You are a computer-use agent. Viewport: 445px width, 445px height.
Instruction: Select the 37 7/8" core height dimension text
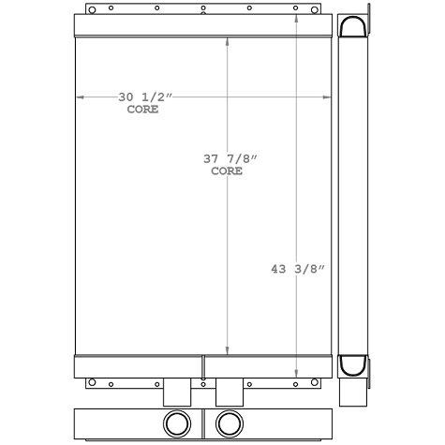pyautogui.click(x=225, y=159)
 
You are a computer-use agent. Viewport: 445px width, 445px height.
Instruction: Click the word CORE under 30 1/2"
pyautogui.click(x=142, y=110)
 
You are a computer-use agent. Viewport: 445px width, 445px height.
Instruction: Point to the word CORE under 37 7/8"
pyautogui.click(x=227, y=171)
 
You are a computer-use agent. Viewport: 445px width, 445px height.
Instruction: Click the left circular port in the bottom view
pyautogui.click(x=177, y=423)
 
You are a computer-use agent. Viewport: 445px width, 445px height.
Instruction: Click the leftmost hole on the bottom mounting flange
pyautogui.click(x=92, y=383)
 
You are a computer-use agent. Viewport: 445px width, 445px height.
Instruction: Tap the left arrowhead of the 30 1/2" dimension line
pyautogui.click(x=79, y=96)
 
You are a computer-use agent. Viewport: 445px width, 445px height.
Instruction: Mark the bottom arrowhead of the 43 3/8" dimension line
pyautogui.click(x=297, y=372)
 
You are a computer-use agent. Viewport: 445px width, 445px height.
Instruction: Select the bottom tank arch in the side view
pyautogui.click(x=352, y=363)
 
